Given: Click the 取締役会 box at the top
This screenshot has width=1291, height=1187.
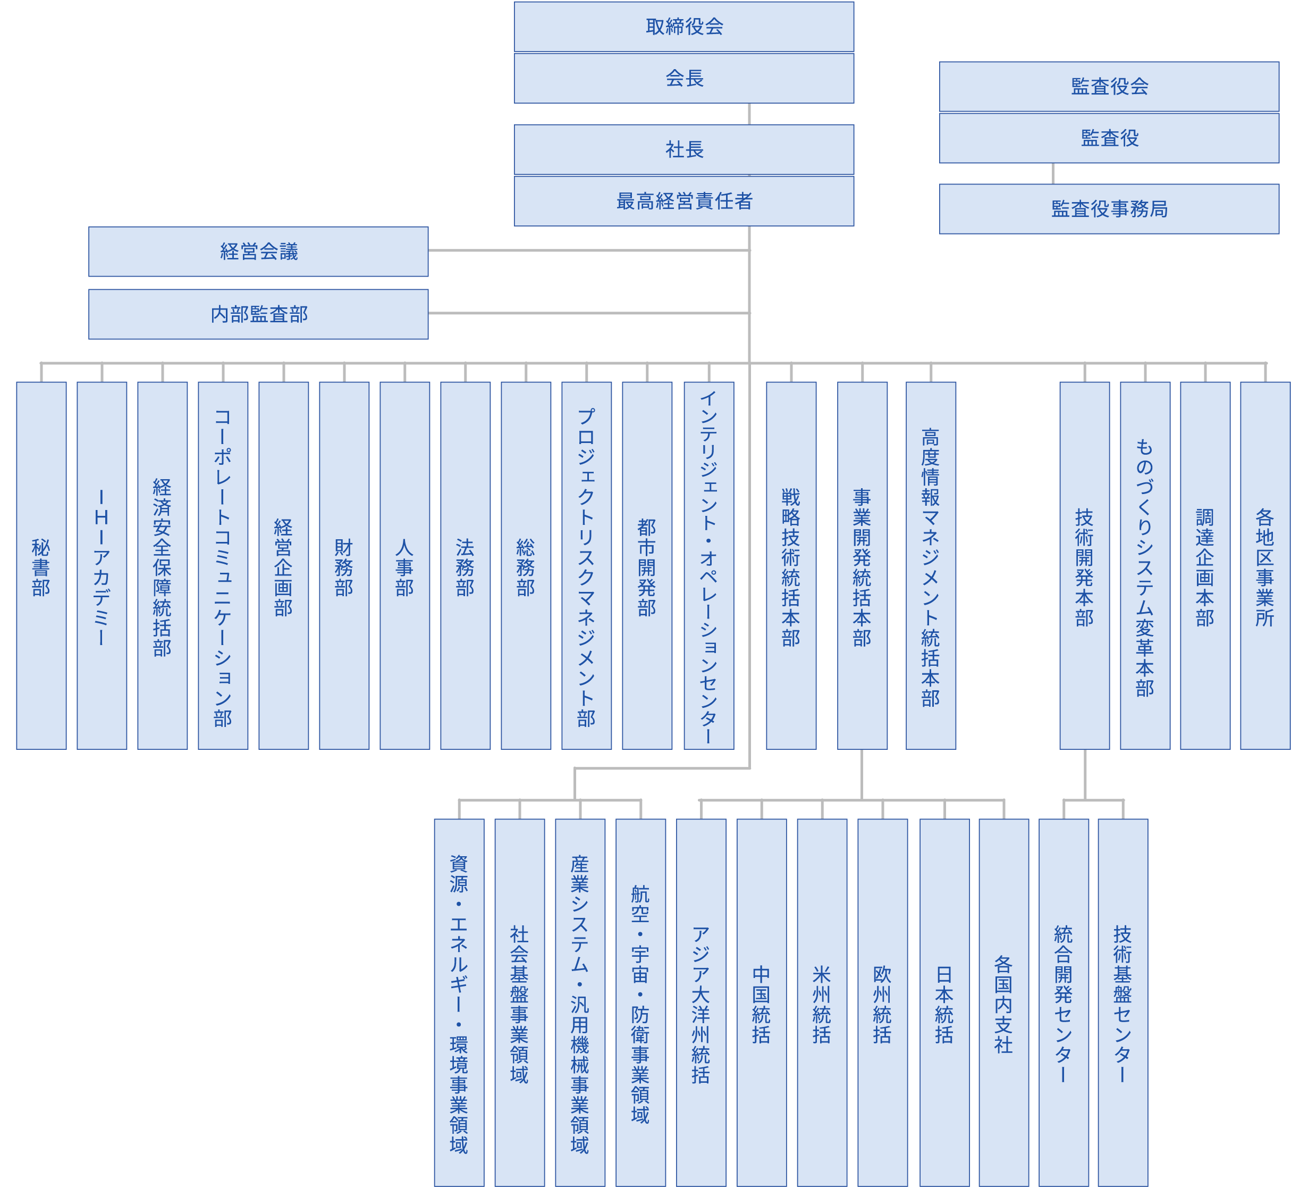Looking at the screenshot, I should point(684,27).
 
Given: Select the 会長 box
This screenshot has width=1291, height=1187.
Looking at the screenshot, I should point(684,78).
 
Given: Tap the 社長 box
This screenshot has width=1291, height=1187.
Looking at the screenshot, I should point(684,149).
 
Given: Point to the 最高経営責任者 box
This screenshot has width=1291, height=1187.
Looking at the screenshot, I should point(684,201).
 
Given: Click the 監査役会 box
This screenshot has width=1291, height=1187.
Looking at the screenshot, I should point(1109,87).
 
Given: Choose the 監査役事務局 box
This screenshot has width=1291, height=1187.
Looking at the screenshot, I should point(1109,209).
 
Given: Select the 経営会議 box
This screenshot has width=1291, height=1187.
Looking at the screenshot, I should point(258,251).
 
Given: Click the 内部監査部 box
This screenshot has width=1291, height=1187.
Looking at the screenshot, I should point(258,314).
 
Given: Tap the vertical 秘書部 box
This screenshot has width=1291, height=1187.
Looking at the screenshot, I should point(41,565).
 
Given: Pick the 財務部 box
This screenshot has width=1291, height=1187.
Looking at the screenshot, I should point(344,565).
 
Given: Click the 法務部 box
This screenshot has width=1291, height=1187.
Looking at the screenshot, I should point(466,565).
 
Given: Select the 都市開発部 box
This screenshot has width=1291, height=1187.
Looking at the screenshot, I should point(647,565).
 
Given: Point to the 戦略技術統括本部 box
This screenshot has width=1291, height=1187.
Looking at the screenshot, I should point(791,565).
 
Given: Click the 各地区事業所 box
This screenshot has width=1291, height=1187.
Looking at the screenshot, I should point(1264,565).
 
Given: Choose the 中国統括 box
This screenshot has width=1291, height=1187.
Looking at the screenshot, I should point(762,1002).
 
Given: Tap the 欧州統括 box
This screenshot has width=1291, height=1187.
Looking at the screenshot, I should point(883,1002).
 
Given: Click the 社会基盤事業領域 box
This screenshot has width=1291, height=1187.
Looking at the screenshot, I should point(519,1002).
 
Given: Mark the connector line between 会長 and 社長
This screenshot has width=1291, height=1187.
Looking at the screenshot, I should point(749,114).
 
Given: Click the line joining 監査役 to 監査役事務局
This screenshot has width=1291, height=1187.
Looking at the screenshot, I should point(1053,173).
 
